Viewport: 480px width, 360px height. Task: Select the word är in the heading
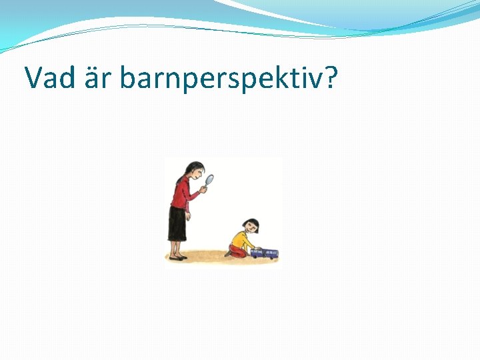tap(101, 78)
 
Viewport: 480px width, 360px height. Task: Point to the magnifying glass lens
tap(210, 179)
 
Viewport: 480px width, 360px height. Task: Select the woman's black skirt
tap(177, 223)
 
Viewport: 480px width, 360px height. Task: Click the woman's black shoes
tap(177, 257)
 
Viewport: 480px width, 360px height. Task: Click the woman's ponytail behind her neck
tap(179, 179)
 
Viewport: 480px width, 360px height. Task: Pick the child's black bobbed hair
tap(251, 222)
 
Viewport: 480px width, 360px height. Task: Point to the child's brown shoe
tap(228, 253)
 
